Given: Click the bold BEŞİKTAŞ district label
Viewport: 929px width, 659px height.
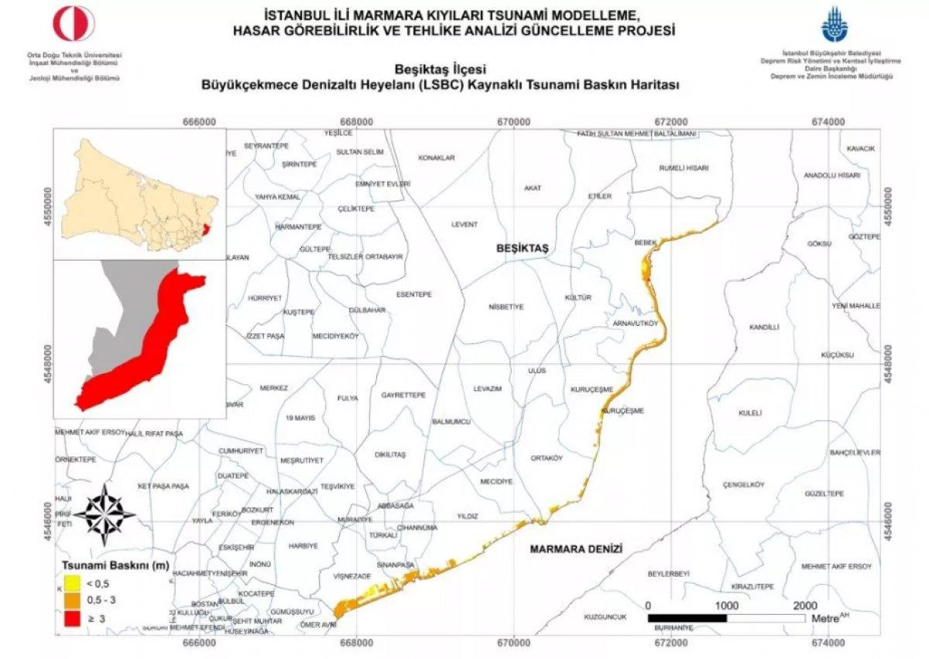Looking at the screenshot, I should tap(522, 248).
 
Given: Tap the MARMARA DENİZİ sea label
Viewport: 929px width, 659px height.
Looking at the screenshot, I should tap(577, 549).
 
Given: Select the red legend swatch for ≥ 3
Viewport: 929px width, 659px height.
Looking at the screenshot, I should tap(72, 618).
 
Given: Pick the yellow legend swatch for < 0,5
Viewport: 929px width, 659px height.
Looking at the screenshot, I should tap(72, 582).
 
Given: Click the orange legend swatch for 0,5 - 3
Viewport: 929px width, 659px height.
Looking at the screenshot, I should tap(72, 600).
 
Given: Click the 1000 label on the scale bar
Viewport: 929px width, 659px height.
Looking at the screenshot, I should tap(725, 605).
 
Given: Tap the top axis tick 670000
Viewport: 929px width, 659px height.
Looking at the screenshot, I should tap(513, 122).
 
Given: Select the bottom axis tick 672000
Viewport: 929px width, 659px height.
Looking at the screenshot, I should tap(670, 642).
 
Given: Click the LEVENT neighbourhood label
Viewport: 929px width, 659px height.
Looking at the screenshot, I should tap(464, 225).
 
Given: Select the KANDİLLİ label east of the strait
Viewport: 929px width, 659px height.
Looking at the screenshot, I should tap(763, 328).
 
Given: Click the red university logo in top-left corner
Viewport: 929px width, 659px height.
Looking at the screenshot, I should tap(74, 24).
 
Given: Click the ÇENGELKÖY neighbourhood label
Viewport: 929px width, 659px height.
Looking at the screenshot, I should tap(743, 485).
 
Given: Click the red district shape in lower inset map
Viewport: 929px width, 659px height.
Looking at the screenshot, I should tap(147, 341).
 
